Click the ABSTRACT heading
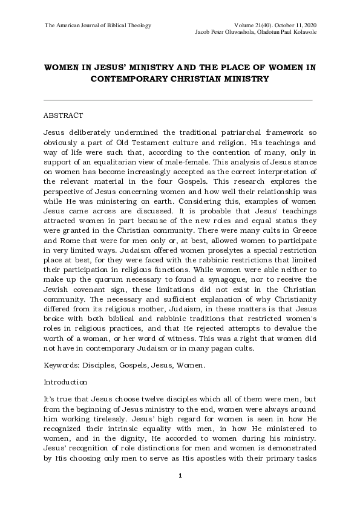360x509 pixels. tap(64, 115)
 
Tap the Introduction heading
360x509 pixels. tap(66, 383)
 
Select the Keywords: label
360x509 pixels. tap(63, 366)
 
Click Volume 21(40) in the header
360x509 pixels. tap(258, 24)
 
